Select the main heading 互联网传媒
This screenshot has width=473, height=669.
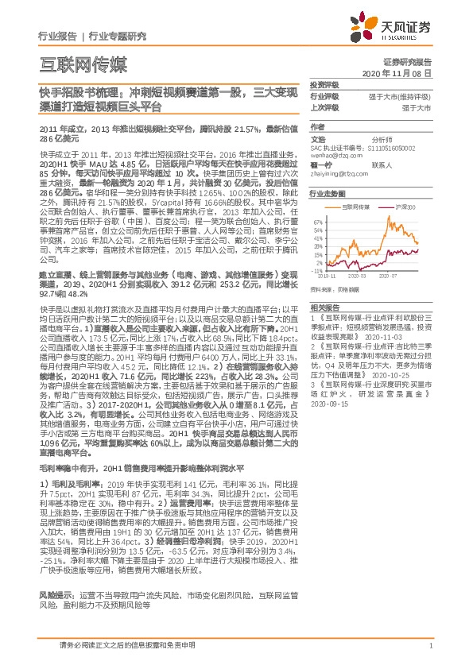[83, 62]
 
